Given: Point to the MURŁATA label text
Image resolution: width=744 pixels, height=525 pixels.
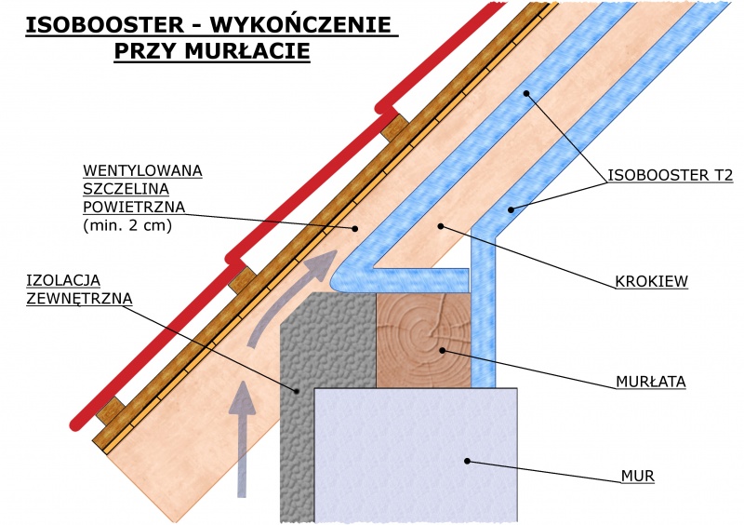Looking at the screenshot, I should click(649, 382).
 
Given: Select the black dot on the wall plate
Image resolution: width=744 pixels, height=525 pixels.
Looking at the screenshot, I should click(442, 351).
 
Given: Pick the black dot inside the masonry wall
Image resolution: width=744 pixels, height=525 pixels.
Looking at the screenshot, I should click(468, 461).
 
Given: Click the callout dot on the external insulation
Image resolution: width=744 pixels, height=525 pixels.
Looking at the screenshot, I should click(297, 392).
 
